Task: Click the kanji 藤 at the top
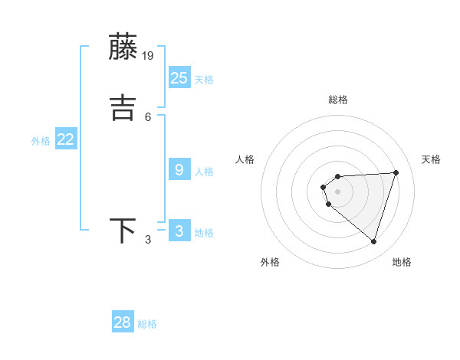tap(123, 47)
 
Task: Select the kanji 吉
tap(123, 107)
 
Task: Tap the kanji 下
tap(123, 231)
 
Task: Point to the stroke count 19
tap(149, 55)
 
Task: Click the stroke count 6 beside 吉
tap(148, 116)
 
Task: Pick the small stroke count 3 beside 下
tap(148, 241)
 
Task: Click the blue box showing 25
tap(179, 77)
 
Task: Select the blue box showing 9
tap(179, 169)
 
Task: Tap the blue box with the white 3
tap(179, 231)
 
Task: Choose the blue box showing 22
tap(66, 139)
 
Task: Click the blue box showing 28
tap(123, 322)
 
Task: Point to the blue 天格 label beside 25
tap(204, 80)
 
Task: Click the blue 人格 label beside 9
tap(204, 172)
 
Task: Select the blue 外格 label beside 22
tap(41, 141)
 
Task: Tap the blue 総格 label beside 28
tap(147, 324)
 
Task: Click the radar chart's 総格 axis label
tap(337, 100)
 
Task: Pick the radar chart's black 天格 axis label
tap(431, 159)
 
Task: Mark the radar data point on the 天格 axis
tap(396, 172)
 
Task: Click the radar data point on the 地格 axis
tap(373, 241)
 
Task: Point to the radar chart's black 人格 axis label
tap(245, 159)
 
